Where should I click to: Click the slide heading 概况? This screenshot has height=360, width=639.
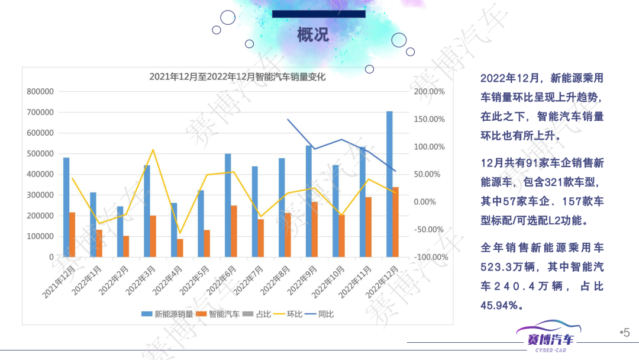(313, 35)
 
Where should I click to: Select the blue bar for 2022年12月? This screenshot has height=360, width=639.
(389, 184)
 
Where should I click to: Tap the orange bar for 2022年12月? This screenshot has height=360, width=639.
(396, 222)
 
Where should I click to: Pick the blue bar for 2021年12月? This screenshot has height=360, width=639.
(66, 207)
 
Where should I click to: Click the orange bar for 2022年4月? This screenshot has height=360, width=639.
(180, 248)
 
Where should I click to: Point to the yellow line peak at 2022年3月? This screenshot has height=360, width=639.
(153, 150)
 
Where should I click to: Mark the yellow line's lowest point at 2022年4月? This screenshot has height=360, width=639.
(180, 233)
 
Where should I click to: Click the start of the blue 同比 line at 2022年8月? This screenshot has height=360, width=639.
(288, 120)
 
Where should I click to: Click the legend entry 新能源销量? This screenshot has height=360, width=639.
(168, 314)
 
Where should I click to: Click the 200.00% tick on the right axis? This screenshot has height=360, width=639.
(430, 92)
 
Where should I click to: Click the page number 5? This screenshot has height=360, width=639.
(627, 333)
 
